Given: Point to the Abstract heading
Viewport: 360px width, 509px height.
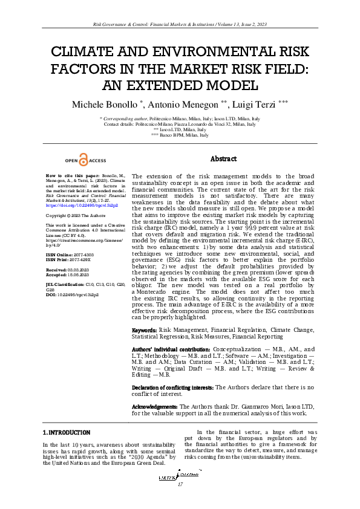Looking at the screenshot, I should [223, 159].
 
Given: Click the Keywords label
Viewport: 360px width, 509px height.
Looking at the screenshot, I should [145, 330].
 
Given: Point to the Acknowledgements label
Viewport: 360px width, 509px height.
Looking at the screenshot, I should [155, 407].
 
